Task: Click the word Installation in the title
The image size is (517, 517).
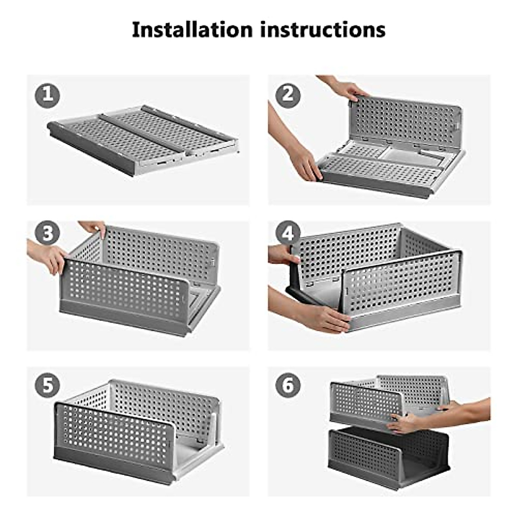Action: click(x=192, y=30)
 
